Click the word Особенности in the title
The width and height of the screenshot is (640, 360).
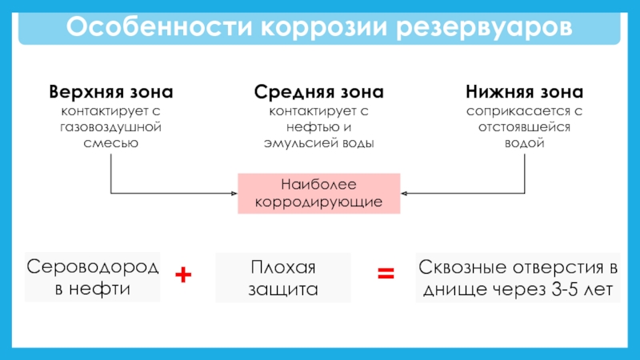point(159,26)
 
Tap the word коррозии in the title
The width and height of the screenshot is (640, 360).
point(324,27)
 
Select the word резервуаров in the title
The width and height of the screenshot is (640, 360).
point(484,28)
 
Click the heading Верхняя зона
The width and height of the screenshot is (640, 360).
point(111,92)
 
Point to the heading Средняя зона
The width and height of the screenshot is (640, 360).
point(318,92)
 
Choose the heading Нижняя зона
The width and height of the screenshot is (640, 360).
point(525,92)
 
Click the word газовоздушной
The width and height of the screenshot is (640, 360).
point(110,127)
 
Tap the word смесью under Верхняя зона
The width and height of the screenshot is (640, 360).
point(111,143)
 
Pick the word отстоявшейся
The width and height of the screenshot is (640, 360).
point(525,127)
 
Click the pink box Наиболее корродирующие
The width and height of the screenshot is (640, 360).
point(318,194)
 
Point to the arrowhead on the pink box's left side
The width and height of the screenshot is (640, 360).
point(234,194)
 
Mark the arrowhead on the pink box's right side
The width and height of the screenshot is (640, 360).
point(404,194)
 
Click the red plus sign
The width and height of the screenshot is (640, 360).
point(183,274)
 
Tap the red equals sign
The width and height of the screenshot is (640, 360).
point(386,273)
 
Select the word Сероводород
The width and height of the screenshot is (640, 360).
point(93,267)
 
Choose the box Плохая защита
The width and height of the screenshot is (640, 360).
point(283,278)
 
